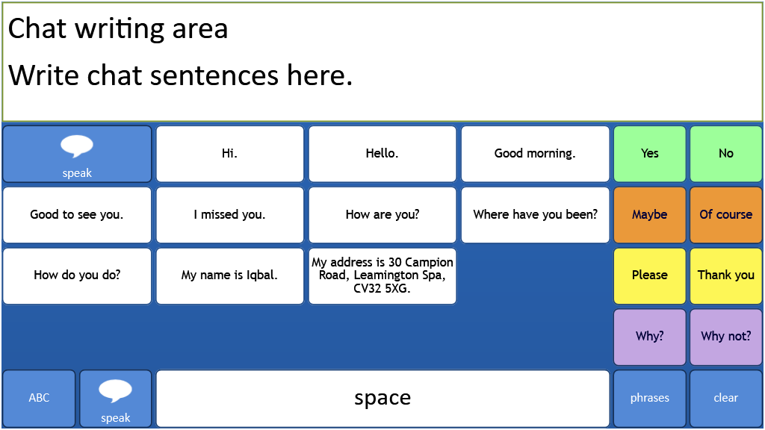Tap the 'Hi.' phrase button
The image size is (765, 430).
pyautogui.click(x=229, y=154)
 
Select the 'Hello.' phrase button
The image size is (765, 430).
pyautogui.click(x=382, y=154)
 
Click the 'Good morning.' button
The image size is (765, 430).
pyautogui.click(x=535, y=154)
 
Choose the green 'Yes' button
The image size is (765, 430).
pyautogui.click(x=649, y=154)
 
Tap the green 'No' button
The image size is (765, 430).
pyautogui.click(x=726, y=154)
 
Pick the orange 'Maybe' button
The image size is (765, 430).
pyautogui.click(x=649, y=214)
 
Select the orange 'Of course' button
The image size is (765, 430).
pyautogui.click(x=726, y=214)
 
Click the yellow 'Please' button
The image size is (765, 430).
pyautogui.click(x=649, y=275)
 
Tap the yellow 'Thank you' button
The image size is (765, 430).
pyautogui.click(x=726, y=275)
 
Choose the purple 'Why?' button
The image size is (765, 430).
pyautogui.click(x=649, y=337)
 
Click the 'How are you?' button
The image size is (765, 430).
pyautogui.click(x=382, y=214)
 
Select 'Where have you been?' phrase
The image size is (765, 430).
pyautogui.click(x=535, y=214)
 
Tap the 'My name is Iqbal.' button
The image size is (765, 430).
pyautogui.click(x=229, y=275)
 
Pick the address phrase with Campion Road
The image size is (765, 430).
pyautogui.click(x=382, y=275)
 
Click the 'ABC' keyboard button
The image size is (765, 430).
pyautogui.click(x=39, y=399)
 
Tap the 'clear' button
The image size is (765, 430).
pyautogui.click(x=726, y=399)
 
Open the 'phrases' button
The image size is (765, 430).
pyautogui.click(x=649, y=399)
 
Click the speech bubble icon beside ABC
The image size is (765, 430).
pyautogui.click(x=115, y=390)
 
